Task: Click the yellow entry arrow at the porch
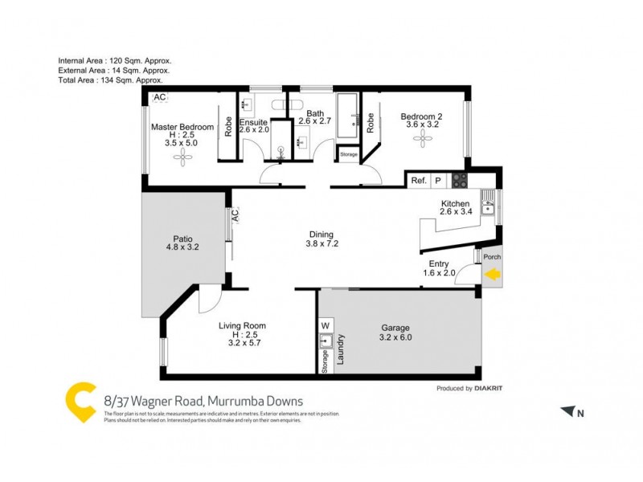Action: pyautogui.click(x=493, y=276)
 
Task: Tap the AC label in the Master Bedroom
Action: pyautogui.click(x=159, y=98)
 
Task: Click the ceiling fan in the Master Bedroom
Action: pyautogui.click(x=182, y=158)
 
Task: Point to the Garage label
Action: pyautogui.click(x=395, y=328)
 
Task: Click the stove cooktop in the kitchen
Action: pyautogui.click(x=460, y=181)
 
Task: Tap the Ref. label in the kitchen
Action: pyautogui.click(x=419, y=181)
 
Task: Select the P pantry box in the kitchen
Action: pyautogui.click(x=439, y=181)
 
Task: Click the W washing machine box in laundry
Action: pyautogui.click(x=326, y=325)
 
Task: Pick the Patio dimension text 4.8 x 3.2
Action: pyautogui.click(x=181, y=247)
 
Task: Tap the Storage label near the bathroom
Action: pyautogui.click(x=348, y=153)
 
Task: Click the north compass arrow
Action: pyautogui.click(x=569, y=412)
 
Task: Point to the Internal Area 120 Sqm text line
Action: pyautogui.click(x=115, y=61)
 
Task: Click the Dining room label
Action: pyautogui.click(x=321, y=235)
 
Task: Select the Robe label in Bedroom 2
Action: pyautogui.click(x=371, y=122)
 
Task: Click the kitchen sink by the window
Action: pyautogui.click(x=487, y=206)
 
